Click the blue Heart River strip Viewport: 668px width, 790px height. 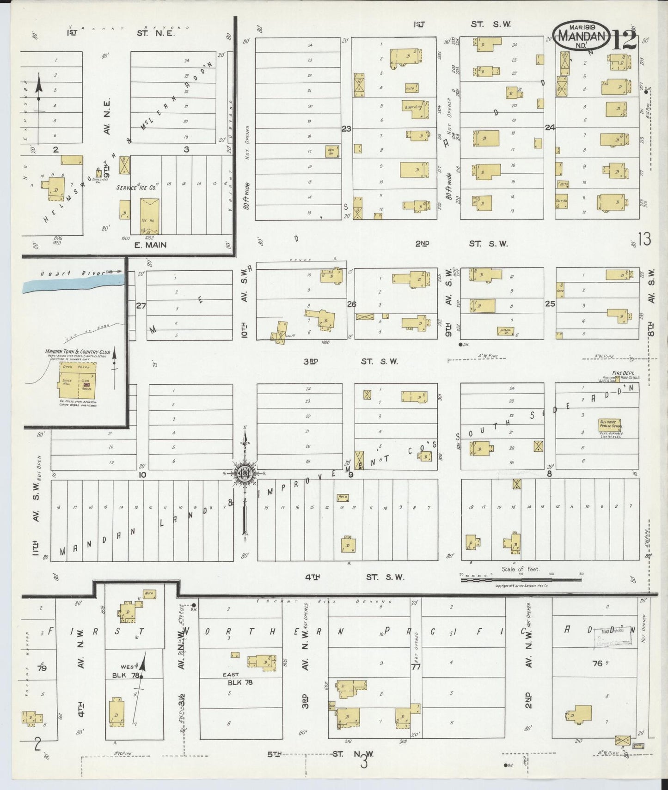click(74, 282)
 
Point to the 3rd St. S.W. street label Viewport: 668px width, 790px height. click(350, 361)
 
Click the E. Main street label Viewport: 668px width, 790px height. click(150, 245)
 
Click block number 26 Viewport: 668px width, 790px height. click(351, 304)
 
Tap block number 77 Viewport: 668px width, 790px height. click(416, 667)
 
